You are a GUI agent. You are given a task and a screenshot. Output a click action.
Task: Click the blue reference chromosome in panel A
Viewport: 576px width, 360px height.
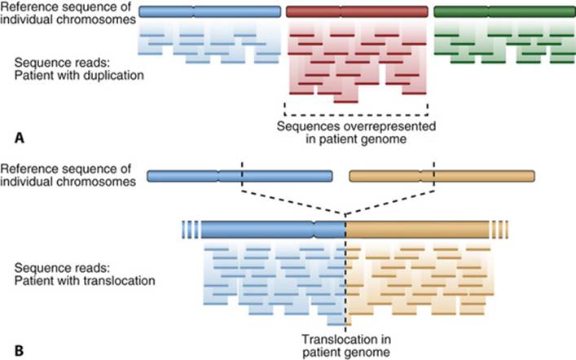(209, 11)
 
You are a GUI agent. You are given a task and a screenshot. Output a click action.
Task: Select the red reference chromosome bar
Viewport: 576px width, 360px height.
(357, 11)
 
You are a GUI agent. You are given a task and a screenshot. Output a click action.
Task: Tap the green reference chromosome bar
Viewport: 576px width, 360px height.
(505, 11)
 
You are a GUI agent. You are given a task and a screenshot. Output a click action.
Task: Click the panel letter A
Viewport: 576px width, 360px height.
(20, 138)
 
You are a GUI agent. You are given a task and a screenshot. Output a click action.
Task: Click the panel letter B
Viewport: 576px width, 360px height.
(19, 350)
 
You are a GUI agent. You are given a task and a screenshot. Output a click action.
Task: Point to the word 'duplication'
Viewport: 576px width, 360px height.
(113, 75)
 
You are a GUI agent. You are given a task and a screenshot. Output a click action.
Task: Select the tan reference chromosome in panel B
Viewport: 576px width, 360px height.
(442, 176)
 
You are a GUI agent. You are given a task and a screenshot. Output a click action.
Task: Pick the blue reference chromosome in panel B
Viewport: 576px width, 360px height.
(240, 176)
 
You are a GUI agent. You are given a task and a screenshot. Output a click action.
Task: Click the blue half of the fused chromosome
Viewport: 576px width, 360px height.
(273, 230)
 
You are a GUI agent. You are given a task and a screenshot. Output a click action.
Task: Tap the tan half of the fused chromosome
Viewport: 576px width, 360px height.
(417, 230)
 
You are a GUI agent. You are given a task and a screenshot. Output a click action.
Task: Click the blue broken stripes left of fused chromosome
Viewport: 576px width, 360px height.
(191, 230)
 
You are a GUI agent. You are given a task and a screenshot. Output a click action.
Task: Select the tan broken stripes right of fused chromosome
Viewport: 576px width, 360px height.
(499, 230)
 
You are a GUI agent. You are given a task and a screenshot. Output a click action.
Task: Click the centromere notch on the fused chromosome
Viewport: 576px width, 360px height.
(314, 230)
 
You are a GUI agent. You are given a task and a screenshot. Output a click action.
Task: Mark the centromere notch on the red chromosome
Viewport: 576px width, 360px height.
(341, 11)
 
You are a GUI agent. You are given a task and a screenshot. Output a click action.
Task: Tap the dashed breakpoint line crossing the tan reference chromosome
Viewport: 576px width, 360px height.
(434, 176)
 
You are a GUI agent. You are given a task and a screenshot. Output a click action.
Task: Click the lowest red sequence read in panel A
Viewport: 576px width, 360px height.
(346, 102)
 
